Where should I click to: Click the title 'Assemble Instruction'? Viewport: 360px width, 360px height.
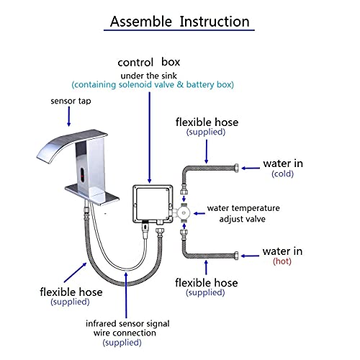click(x=180, y=22)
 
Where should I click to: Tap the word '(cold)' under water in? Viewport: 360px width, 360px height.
click(x=282, y=174)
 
